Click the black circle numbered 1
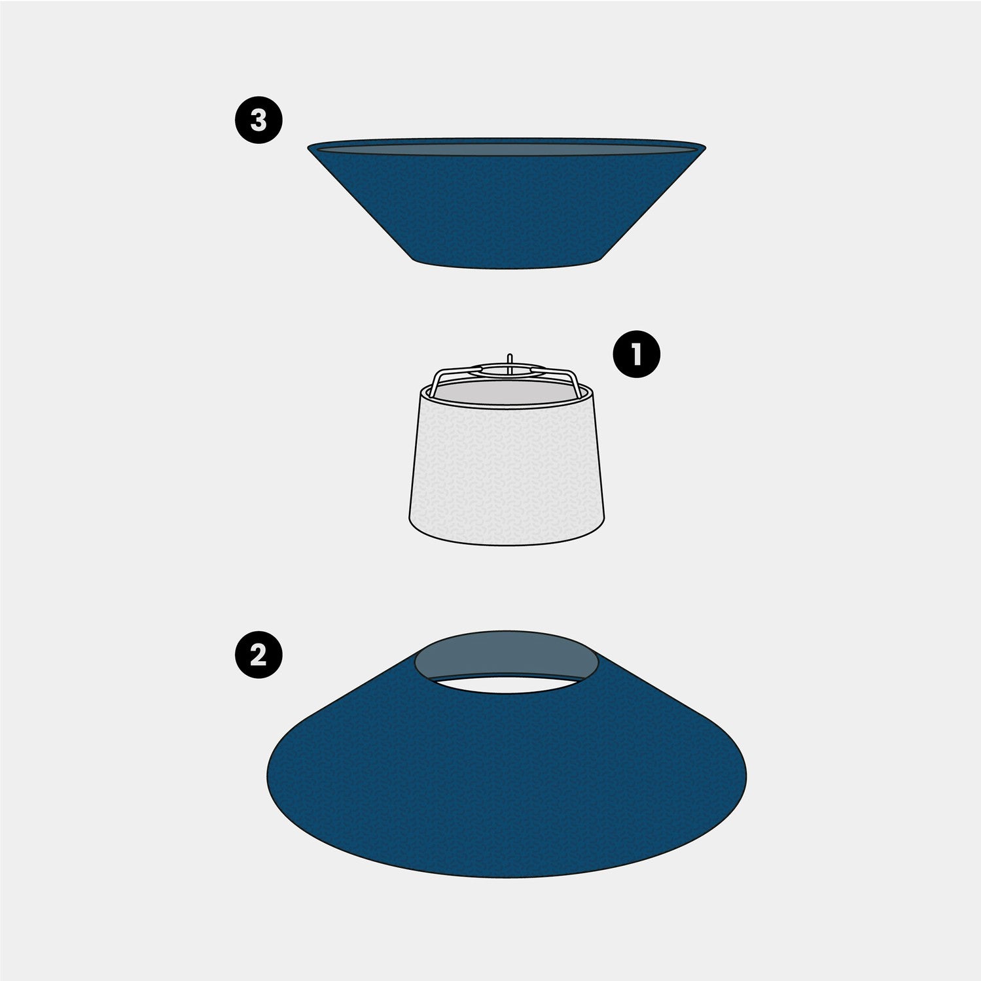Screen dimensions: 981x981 point(636,355)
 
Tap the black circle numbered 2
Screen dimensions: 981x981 point(259,654)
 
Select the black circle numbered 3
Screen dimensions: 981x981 point(259,121)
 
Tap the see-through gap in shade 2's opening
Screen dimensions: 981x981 point(506,684)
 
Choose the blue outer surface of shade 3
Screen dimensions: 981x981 point(506,209)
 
